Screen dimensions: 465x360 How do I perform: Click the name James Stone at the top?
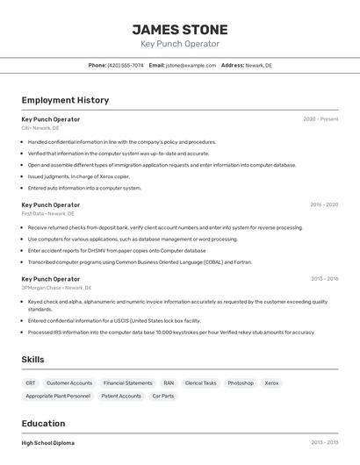(x=179, y=30)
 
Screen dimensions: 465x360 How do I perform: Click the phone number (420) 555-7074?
(x=126, y=65)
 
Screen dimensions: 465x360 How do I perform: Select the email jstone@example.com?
(x=191, y=65)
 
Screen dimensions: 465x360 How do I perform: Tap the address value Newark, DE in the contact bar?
(x=258, y=65)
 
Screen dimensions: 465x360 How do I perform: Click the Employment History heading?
(x=65, y=100)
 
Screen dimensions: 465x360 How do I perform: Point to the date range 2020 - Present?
(x=320, y=119)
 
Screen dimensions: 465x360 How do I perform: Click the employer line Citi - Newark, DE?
(x=40, y=128)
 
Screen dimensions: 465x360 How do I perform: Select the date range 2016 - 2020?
(x=323, y=204)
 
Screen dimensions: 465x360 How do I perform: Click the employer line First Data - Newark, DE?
(x=47, y=213)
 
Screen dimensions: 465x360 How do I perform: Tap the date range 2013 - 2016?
(x=324, y=279)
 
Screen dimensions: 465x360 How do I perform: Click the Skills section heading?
(x=32, y=360)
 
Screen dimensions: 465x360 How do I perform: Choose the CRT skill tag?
(x=31, y=383)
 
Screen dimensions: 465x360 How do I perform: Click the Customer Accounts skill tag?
(x=68, y=383)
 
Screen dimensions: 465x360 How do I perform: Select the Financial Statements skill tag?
(x=127, y=383)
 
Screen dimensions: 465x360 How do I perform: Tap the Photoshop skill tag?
(x=240, y=383)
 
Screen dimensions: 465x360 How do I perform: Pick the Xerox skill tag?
(x=271, y=383)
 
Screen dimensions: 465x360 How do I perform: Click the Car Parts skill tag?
(x=162, y=396)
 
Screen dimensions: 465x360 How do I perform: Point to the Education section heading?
(x=43, y=423)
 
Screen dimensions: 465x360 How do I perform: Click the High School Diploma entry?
(x=47, y=443)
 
